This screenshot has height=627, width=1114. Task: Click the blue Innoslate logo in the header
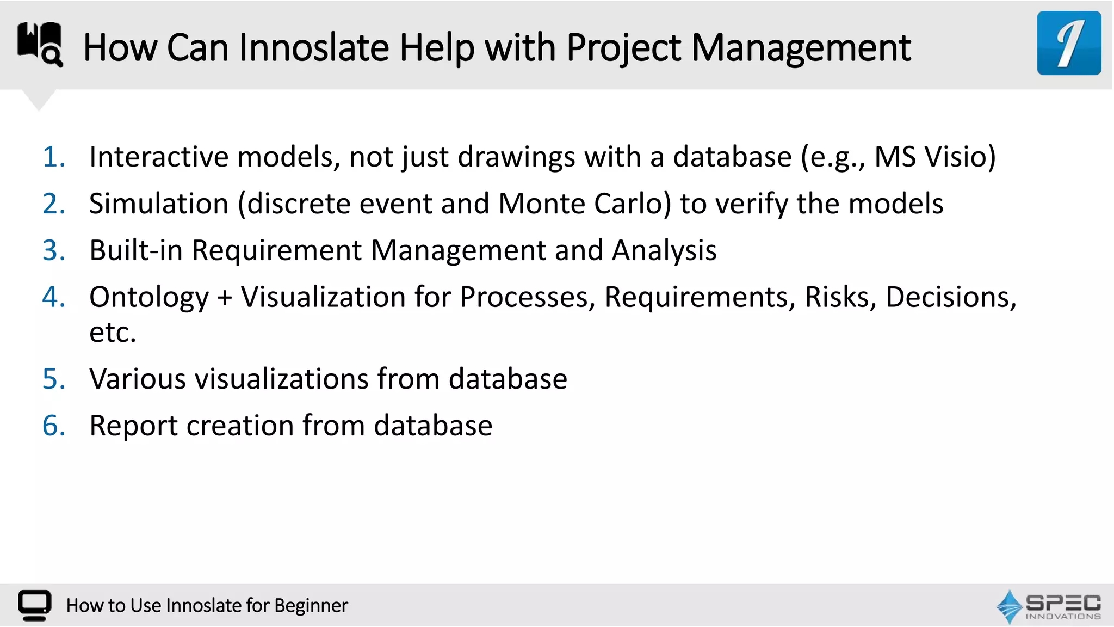(x=1068, y=43)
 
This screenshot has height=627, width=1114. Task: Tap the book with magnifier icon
(x=40, y=44)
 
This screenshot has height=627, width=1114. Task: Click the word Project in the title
(x=623, y=48)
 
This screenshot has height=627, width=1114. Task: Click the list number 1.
(x=53, y=157)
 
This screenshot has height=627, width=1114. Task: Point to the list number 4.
(x=53, y=297)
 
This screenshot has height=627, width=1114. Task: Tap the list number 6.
(x=53, y=426)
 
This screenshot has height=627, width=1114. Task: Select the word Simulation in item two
(x=158, y=204)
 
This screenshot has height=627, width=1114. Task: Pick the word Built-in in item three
(x=135, y=250)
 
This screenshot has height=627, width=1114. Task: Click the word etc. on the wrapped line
(x=112, y=333)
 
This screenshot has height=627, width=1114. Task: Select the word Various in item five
(x=138, y=379)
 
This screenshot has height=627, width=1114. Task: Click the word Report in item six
(x=133, y=426)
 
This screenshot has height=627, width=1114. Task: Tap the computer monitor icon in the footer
(x=34, y=605)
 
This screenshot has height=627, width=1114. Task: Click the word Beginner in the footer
(x=311, y=606)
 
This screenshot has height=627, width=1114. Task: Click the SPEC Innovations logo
(x=1048, y=606)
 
